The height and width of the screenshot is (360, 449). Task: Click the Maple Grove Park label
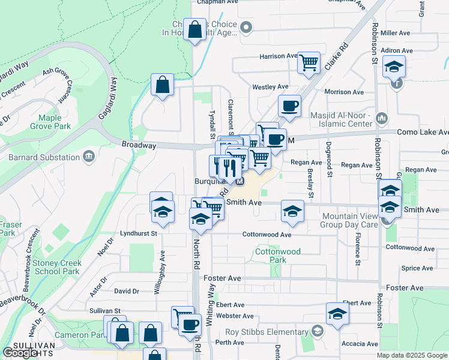click(x=54, y=122)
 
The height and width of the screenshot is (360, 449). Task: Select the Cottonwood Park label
click(x=278, y=256)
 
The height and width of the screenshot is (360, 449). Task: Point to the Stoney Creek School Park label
click(x=53, y=267)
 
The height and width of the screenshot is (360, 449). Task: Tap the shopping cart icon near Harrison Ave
click(x=309, y=61)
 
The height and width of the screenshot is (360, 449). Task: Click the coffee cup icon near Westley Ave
click(x=289, y=106)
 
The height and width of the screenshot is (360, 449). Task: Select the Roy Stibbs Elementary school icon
click(x=317, y=332)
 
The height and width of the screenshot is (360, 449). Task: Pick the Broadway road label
click(x=139, y=145)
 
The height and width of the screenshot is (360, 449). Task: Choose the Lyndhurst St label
click(x=138, y=233)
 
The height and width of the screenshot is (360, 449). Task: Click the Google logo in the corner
click(x=20, y=353)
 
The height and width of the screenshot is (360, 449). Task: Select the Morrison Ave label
click(x=344, y=92)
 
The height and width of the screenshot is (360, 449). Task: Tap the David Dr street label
click(x=126, y=291)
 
